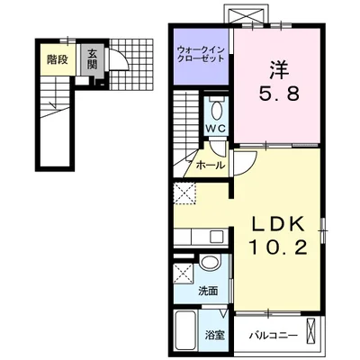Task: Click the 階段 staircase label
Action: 58,60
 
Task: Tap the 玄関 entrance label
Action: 93,58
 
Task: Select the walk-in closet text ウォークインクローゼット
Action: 201,54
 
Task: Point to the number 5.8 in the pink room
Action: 279,94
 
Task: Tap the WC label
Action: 215,129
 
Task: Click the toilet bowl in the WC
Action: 217,111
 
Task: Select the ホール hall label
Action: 210,166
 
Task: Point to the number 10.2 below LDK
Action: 278,248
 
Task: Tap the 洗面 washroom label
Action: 208,291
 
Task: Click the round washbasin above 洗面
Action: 211,262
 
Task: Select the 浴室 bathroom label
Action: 215,335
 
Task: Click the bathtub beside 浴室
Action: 185,329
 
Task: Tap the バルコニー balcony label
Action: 273,335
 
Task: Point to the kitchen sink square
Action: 217,237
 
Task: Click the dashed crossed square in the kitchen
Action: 184,193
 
